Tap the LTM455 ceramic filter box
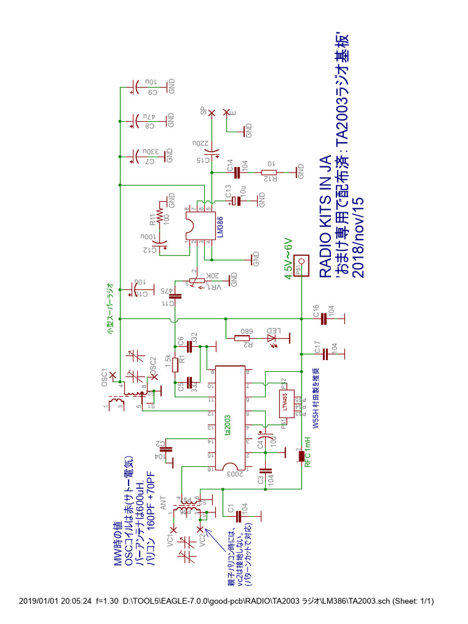(286, 403)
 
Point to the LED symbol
(271, 337)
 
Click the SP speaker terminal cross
(211, 113)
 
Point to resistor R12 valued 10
(269, 172)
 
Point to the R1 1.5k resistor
(175, 365)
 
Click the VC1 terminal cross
(173, 530)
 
